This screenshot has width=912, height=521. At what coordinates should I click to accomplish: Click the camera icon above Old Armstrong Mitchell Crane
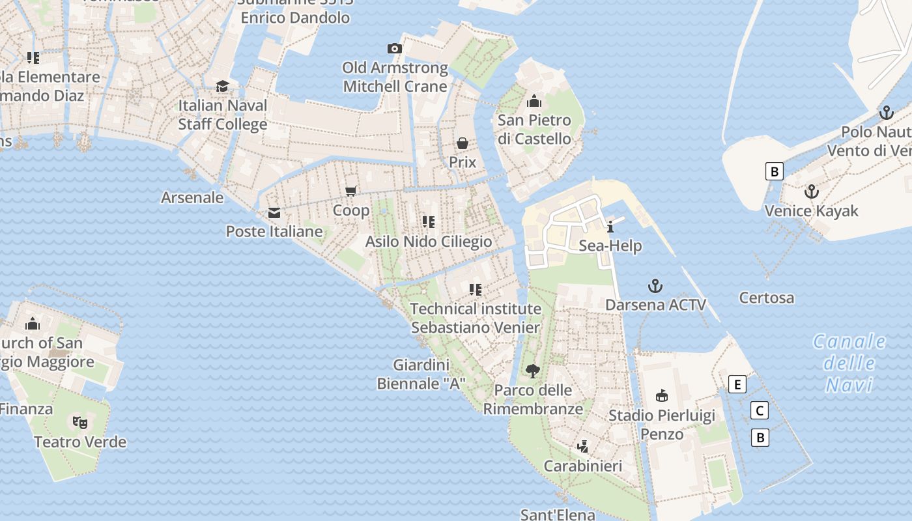pos(394,48)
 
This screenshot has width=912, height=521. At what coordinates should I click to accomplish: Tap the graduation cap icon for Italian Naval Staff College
pos(223,86)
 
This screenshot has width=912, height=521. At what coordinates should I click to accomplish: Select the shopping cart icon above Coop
pos(351,191)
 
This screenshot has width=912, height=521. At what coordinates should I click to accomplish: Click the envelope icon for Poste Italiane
pos(274,213)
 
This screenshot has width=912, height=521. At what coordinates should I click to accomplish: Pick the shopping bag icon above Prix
pos(463,143)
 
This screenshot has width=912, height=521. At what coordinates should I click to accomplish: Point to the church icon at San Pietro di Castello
pos(534,101)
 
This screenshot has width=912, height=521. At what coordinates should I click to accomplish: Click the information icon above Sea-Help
pos(610,227)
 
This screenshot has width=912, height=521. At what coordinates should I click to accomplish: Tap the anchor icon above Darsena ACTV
pos(655,286)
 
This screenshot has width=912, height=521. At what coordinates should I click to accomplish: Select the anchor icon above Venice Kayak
pos(811,191)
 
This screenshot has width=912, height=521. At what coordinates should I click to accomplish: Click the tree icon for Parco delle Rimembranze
pos(533,371)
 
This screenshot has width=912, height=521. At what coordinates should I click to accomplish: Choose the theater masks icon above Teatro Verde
pos(80,422)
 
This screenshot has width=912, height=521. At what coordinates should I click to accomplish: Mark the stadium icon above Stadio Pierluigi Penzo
pos(662,395)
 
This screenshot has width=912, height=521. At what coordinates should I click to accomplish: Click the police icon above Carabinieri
pos(583,446)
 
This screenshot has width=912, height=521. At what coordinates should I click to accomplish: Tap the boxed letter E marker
pos(737,384)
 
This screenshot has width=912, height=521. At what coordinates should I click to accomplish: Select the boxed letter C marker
pos(759,410)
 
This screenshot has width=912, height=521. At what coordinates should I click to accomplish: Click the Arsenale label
pos(192,197)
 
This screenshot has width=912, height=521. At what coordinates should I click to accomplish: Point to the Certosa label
pos(767,298)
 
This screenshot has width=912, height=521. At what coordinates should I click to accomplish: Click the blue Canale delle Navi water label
pos(849,363)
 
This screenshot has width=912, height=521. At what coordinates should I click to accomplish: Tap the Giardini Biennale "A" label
pos(421,374)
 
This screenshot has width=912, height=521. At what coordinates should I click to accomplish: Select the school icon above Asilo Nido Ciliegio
pos(428,222)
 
